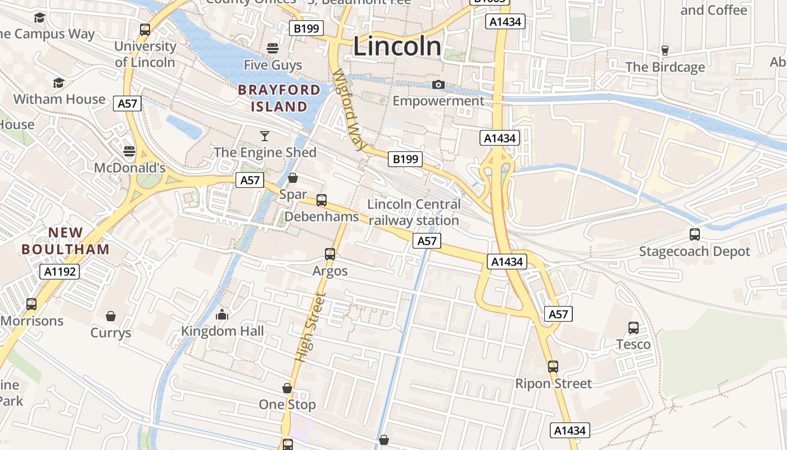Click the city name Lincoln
tap(397, 46)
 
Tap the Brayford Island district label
tap(279, 98)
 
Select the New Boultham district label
tap(65, 240)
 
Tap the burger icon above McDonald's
tap(129, 151)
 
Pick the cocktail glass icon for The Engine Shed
tap(265, 136)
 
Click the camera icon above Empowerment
tap(438, 85)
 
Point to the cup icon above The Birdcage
tap(666, 50)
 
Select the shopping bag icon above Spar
tap(293, 178)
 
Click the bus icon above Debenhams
tap(322, 200)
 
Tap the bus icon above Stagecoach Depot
tap(695, 235)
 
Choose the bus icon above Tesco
tap(634, 327)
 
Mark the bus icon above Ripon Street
tap(553, 367)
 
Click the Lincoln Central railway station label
tap(414, 212)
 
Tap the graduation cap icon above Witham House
tap(59, 83)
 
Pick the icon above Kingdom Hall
tap(223, 314)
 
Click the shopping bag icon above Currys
tap(111, 316)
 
